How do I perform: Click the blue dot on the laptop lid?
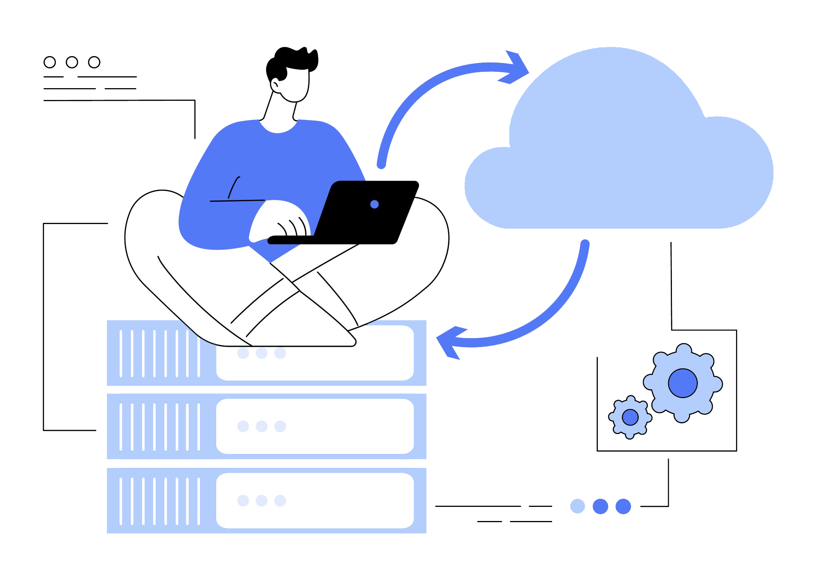(x=374, y=205)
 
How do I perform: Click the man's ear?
(x=275, y=85)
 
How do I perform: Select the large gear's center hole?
(x=683, y=383)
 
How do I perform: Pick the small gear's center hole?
(x=630, y=417)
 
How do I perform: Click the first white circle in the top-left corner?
(x=50, y=62)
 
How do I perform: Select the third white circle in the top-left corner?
(x=94, y=62)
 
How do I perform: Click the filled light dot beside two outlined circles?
(x=577, y=506)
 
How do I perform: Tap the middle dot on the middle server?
(x=262, y=426)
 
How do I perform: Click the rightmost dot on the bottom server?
(x=280, y=500)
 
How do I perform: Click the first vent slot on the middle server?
(x=121, y=427)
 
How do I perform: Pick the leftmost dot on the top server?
(x=243, y=353)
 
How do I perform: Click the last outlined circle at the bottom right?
(x=623, y=506)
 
